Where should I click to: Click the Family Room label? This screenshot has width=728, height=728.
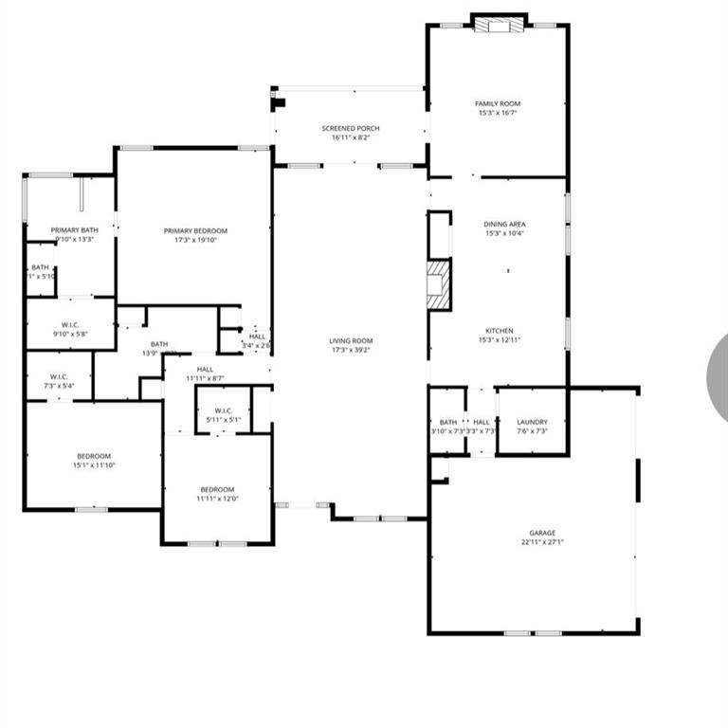click(x=498, y=103)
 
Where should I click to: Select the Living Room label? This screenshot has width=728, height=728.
click(x=351, y=341)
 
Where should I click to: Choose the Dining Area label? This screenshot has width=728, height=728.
click(x=504, y=224)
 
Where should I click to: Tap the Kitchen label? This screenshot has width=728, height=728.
click(x=500, y=331)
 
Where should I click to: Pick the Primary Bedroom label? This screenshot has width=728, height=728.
click(x=195, y=230)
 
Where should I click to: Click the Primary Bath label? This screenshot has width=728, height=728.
click(x=75, y=230)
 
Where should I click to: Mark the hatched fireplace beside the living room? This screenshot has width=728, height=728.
click(x=438, y=284)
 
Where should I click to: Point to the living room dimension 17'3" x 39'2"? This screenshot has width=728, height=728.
click(x=351, y=351)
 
